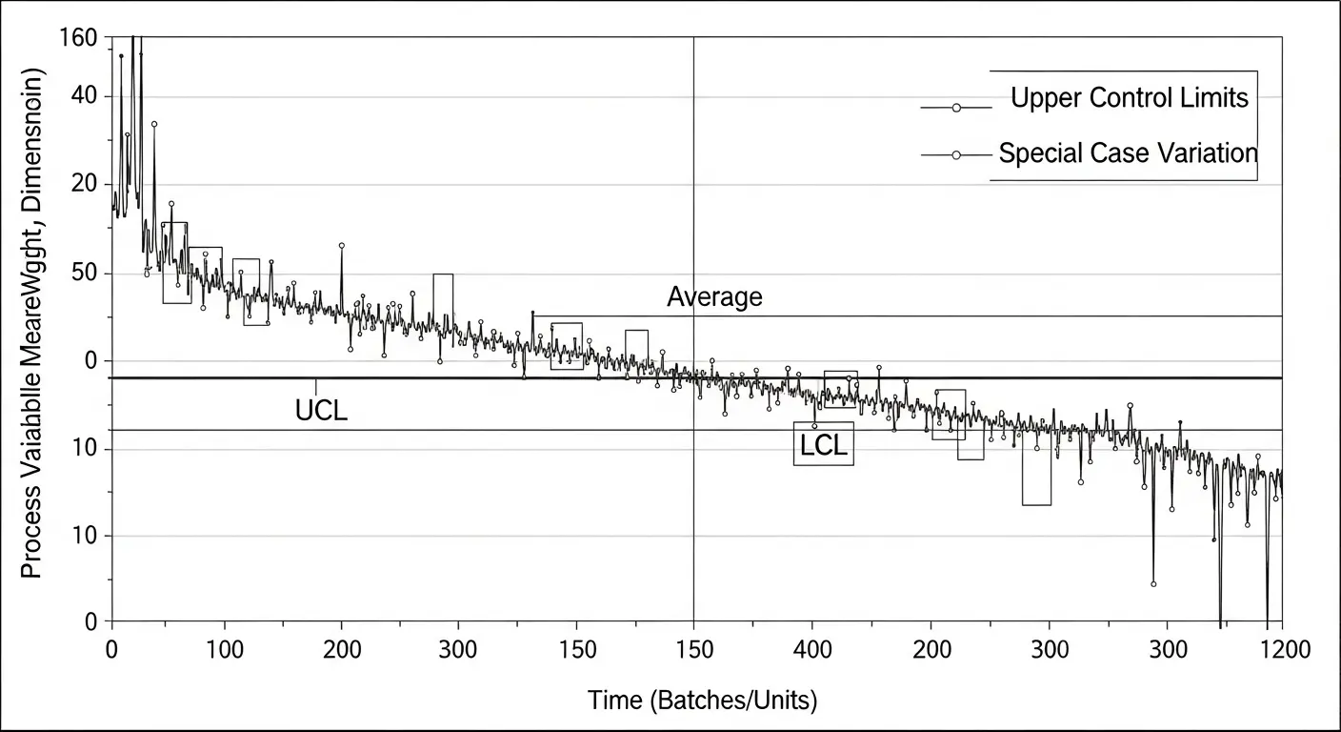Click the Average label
pyautogui.click(x=714, y=297)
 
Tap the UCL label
pyautogui.click(x=322, y=412)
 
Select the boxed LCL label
pyautogui.click(x=824, y=445)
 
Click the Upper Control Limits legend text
pyautogui.click(x=1129, y=98)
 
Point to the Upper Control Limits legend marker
pyautogui.click(x=957, y=109)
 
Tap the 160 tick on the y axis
pyautogui.click(x=78, y=38)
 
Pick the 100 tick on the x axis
pyautogui.click(x=225, y=650)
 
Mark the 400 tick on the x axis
pyautogui.click(x=811, y=650)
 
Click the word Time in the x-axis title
pyautogui.click(x=615, y=701)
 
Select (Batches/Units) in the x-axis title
pyautogui.click(x=732, y=701)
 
